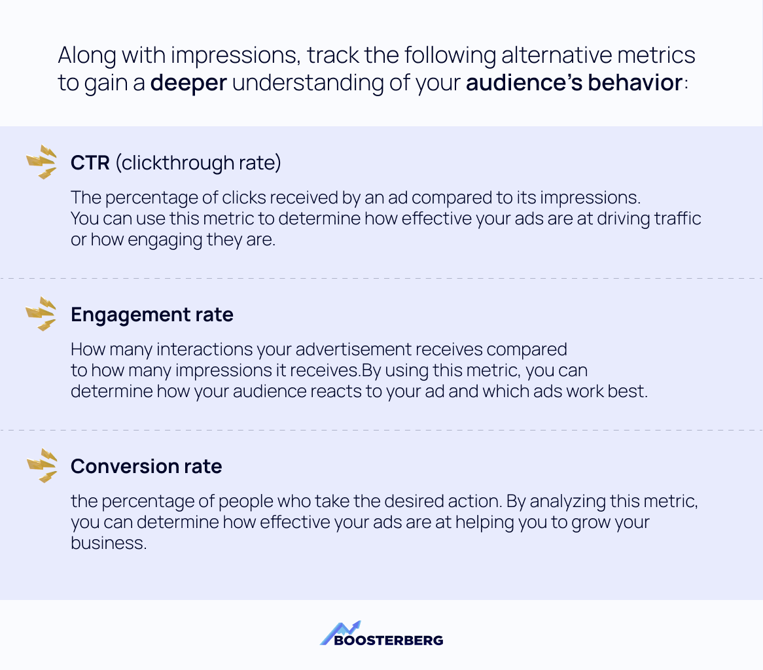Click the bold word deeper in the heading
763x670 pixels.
(188, 84)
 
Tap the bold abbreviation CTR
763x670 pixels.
(90, 163)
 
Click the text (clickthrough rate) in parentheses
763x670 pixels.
(198, 163)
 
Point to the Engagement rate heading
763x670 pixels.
(152, 315)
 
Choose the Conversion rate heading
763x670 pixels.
(146, 467)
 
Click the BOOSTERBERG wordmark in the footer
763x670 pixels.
(388, 641)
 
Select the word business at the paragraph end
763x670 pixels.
(107, 543)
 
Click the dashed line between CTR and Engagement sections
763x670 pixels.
(381, 279)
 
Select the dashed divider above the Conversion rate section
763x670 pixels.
(381, 431)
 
